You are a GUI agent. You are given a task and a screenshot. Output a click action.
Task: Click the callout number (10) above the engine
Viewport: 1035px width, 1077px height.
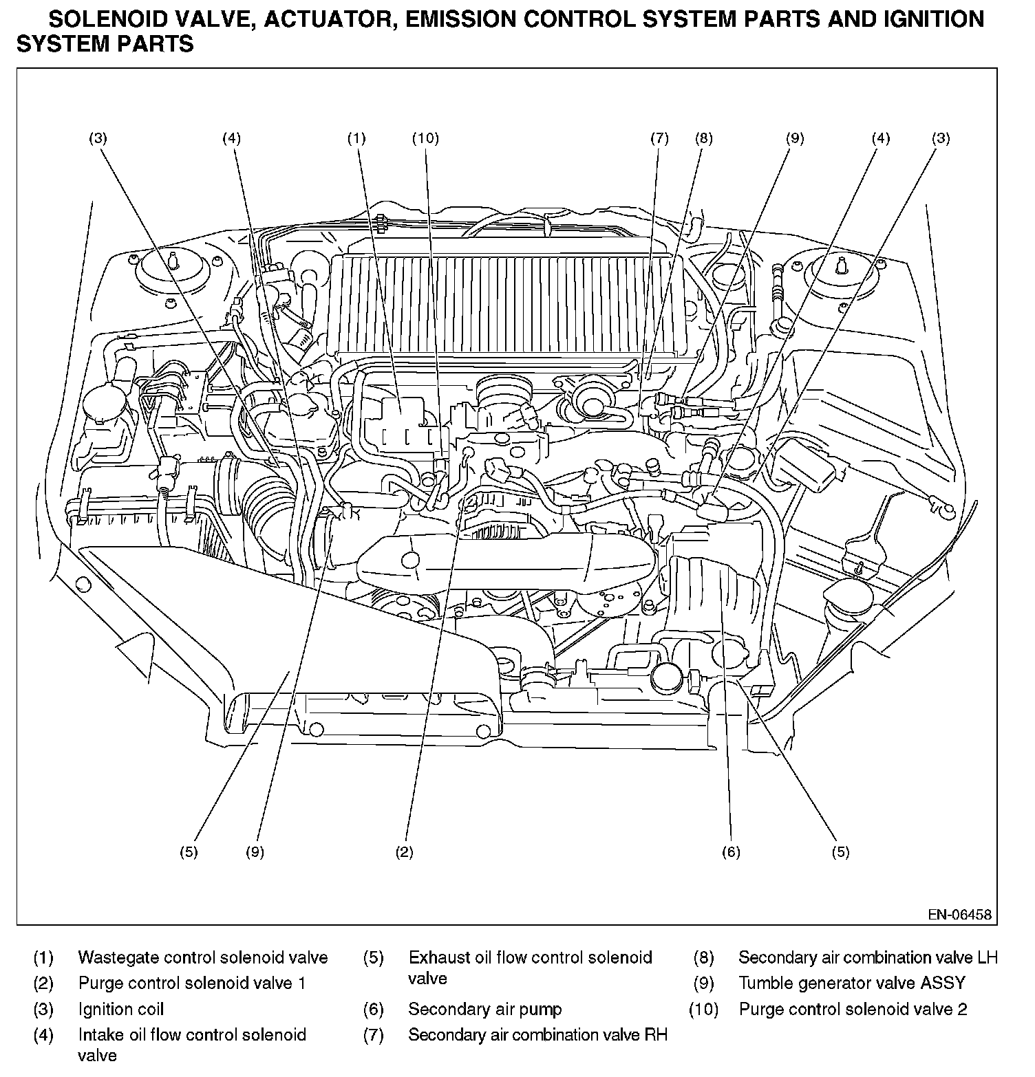click(425, 138)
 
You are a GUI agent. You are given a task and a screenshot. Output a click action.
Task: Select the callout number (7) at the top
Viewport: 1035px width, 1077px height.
click(659, 138)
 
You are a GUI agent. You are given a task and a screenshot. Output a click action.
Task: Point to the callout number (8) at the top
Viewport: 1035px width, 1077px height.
click(703, 138)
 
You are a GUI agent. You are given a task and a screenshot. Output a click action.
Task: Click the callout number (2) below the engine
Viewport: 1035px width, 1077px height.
click(404, 852)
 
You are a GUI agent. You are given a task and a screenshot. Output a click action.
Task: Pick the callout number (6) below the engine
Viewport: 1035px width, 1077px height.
click(730, 852)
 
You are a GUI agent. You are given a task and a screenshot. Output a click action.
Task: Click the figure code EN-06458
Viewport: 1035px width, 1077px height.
click(959, 915)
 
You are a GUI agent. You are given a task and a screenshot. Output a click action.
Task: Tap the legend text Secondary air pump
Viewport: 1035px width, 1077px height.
click(484, 1009)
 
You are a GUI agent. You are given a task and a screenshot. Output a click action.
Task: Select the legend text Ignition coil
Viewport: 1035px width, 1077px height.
click(120, 1009)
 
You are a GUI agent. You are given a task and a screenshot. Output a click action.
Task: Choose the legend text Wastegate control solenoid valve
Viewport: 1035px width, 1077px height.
click(202, 957)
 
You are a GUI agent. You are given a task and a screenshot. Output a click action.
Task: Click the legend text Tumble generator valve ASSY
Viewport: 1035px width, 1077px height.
click(851, 983)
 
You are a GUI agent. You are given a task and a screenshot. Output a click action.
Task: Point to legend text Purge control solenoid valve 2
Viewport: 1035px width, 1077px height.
click(853, 1009)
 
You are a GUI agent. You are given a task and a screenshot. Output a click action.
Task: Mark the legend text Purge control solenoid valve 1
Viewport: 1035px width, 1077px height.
click(191, 983)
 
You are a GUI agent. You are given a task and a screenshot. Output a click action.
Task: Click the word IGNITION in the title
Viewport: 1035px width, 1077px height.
click(932, 19)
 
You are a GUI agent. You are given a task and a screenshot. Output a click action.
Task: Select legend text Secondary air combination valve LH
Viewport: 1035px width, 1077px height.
click(868, 957)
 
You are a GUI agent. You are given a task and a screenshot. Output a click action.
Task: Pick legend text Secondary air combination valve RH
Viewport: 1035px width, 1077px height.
click(537, 1034)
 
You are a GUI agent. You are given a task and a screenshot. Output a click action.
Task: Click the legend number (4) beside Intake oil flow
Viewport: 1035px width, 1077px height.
click(43, 1034)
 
